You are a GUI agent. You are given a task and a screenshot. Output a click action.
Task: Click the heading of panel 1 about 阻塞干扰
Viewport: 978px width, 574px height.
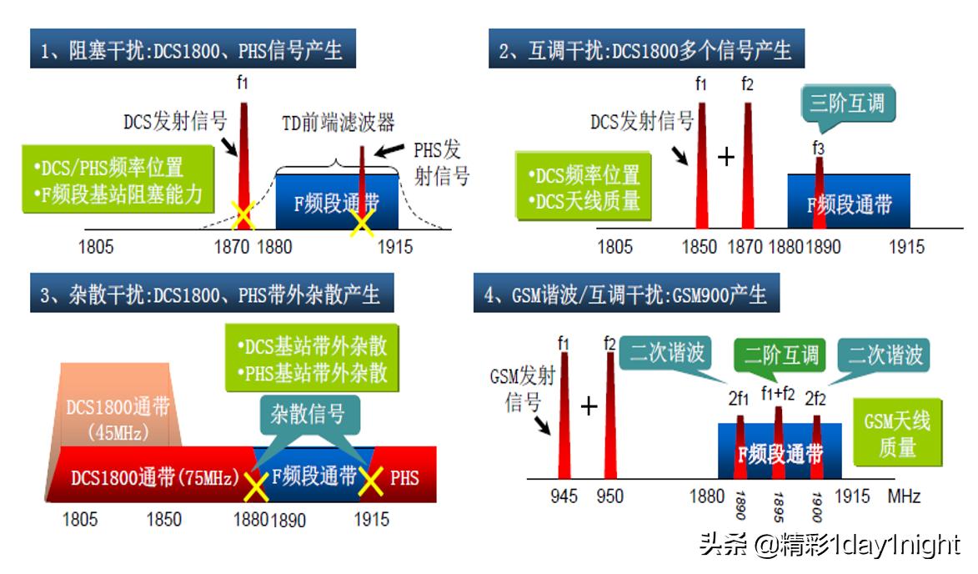point(193,50)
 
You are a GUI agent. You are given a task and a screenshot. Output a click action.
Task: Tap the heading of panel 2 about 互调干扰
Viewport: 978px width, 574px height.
point(646,50)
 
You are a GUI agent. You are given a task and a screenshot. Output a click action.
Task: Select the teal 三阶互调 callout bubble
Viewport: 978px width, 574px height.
point(847,105)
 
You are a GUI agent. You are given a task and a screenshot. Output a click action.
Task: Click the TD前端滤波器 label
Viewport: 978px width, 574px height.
point(338,123)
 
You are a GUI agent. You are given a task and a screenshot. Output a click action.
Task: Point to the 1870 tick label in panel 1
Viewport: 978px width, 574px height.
point(232,247)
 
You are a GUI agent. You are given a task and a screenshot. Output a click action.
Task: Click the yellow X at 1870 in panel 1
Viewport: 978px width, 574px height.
point(243,216)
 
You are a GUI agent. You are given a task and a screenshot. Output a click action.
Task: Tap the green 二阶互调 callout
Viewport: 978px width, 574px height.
point(781,355)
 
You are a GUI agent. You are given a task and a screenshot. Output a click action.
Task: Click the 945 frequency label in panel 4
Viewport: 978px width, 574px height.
point(564,496)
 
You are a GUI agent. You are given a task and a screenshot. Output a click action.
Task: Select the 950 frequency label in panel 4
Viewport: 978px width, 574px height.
point(609,496)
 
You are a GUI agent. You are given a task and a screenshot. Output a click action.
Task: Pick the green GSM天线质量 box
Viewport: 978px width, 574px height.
point(896,433)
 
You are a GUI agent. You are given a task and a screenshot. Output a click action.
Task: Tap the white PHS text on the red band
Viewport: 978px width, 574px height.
point(404,478)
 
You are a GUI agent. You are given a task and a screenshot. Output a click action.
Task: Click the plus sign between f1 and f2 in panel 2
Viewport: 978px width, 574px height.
point(725,156)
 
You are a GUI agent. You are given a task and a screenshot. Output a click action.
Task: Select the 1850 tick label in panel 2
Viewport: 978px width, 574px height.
point(699,247)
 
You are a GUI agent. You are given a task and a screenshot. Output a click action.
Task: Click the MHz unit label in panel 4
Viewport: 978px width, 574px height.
point(904,496)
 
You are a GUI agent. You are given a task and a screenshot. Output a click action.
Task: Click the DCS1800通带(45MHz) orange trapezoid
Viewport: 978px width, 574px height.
point(118,409)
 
